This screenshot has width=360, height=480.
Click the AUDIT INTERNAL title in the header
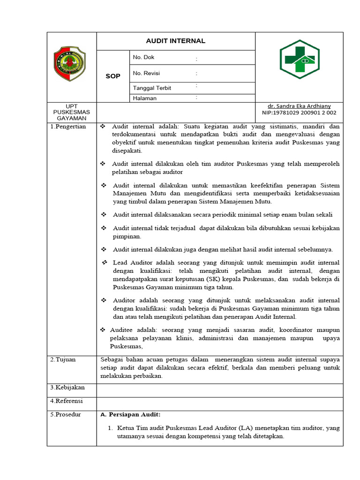point(175,41)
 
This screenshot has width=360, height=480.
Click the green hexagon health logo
point(300,60)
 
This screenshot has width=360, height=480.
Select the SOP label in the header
point(112,76)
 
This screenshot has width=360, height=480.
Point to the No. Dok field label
point(143,57)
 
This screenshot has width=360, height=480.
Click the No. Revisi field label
point(146,73)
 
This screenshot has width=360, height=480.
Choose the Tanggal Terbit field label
point(152,88)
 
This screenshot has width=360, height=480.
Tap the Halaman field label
point(145,98)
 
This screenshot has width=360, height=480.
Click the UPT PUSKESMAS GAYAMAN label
point(72,112)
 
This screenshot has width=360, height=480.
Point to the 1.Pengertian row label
point(68,127)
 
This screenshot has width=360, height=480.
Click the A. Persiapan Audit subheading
point(131,414)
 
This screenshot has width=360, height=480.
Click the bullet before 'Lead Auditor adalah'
point(105,262)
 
